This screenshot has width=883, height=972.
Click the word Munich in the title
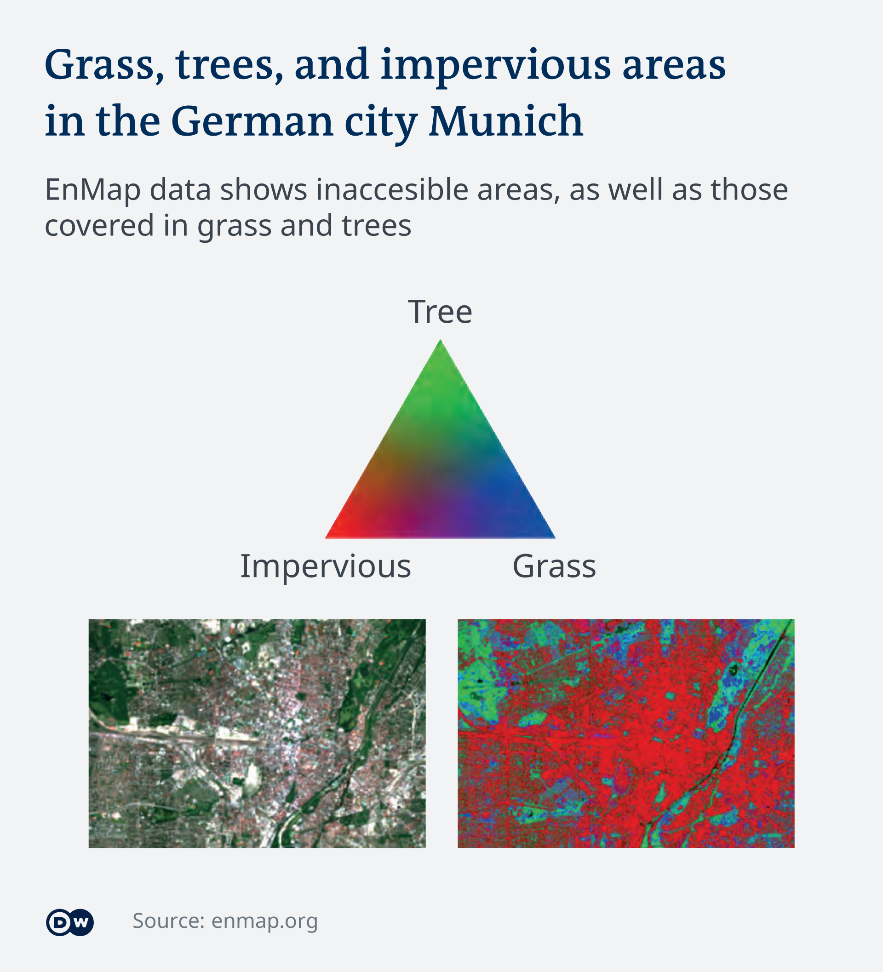pyautogui.click(x=506, y=120)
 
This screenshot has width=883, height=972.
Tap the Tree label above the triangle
pyautogui.click(x=440, y=312)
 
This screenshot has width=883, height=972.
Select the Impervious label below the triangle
pyautogui.click(x=326, y=566)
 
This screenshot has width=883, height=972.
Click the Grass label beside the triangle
pyautogui.click(x=554, y=566)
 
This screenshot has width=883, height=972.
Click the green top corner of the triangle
pyautogui.click(x=440, y=341)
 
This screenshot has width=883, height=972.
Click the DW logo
pyautogui.click(x=70, y=922)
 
